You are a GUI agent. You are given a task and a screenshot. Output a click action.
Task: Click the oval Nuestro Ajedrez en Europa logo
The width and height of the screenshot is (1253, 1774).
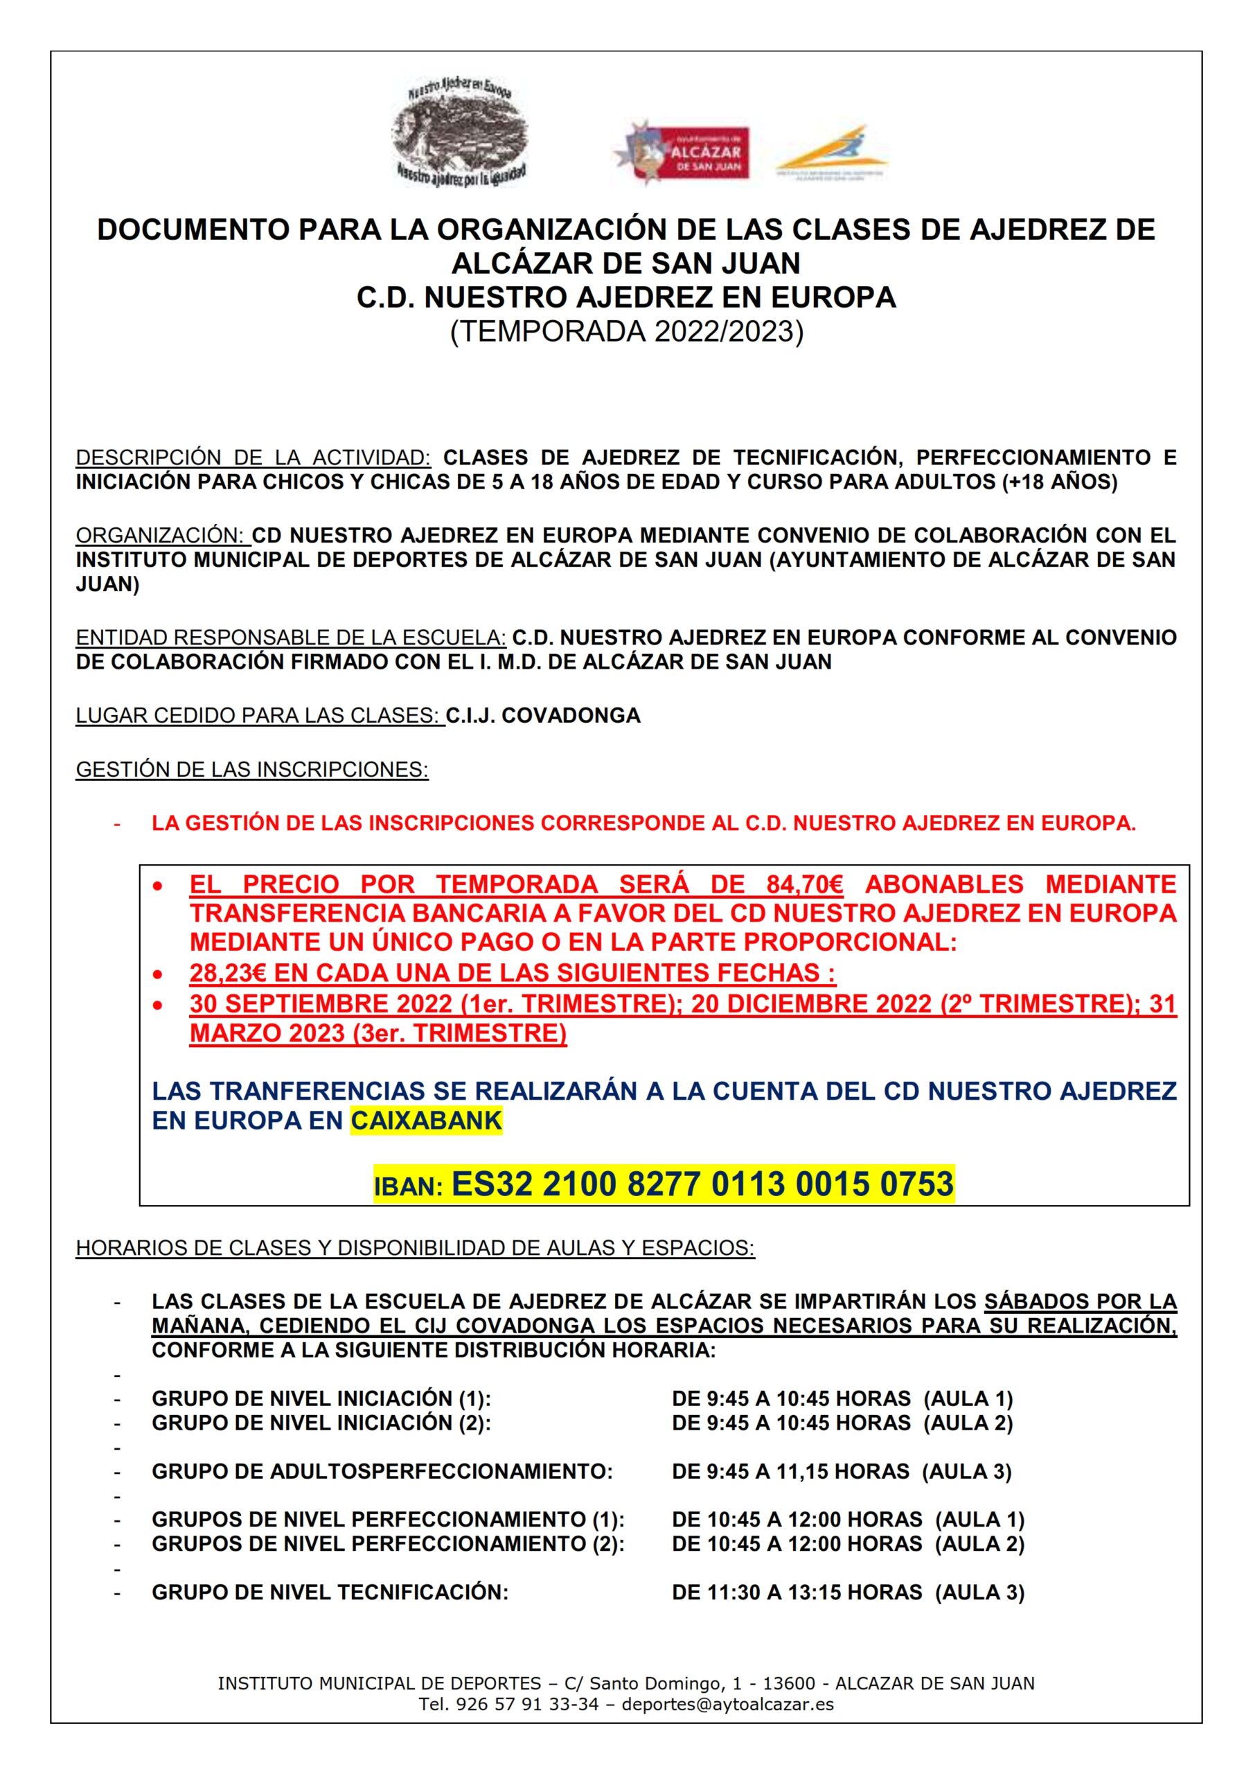pyautogui.click(x=460, y=132)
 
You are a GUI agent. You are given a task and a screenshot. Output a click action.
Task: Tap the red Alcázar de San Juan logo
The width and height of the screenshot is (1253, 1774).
pyautogui.click(x=679, y=154)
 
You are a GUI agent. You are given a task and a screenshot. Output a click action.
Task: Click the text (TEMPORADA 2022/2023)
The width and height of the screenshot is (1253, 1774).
pyautogui.click(x=626, y=331)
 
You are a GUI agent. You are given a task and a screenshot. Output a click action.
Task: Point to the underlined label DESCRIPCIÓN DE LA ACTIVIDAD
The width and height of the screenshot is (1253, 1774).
pyautogui.click(x=254, y=457)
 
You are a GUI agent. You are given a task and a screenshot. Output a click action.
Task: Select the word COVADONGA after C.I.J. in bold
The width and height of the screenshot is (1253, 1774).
pyautogui.click(x=571, y=715)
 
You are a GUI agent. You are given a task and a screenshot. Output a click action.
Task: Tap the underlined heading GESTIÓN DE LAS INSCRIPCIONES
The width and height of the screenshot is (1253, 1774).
pyautogui.click(x=252, y=770)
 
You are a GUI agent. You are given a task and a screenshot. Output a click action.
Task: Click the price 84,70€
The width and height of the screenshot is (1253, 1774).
pyautogui.click(x=804, y=884)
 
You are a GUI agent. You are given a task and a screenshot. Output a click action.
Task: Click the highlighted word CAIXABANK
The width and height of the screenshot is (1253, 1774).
pyautogui.click(x=427, y=1121)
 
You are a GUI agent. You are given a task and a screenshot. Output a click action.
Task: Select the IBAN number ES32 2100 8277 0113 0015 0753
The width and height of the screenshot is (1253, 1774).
pyautogui.click(x=702, y=1184)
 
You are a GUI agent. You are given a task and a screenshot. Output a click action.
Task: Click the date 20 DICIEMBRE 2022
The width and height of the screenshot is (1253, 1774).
pyautogui.click(x=810, y=1003)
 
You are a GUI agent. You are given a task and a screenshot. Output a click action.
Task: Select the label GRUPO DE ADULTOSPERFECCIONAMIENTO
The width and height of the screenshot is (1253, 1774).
pyautogui.click(x=382, y=1471)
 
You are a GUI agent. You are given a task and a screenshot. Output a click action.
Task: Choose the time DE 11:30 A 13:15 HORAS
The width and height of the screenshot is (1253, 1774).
pyautogui.click(x=797, y=1592)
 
